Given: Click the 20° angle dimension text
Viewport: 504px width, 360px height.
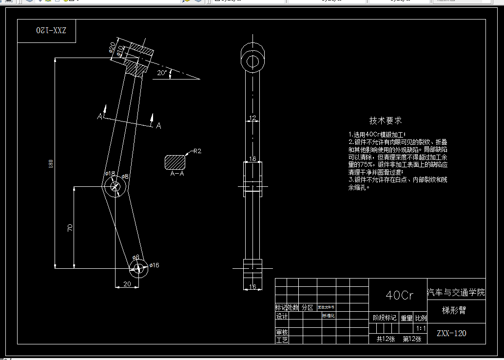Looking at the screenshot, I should click(x=162, y=73).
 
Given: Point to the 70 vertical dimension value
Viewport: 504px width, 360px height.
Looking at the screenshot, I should click(x=70, y=227).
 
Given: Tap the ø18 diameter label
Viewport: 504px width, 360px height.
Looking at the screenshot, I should click(x=110, y=174).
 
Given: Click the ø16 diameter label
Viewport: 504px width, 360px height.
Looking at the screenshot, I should click(x=155, y=265).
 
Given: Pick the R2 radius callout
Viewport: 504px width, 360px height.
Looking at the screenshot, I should click(x=197, y=151).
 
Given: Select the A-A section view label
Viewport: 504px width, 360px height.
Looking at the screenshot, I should click(x=177, y=173).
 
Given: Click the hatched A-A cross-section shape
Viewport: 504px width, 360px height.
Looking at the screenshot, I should click(x=176, y=162).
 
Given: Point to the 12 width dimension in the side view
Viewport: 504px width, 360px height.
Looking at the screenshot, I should click(x=252, y=118).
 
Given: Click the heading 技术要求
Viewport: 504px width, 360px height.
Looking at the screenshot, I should click(x=386, y=120).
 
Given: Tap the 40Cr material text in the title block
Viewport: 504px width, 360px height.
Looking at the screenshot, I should click(x=399, y=295).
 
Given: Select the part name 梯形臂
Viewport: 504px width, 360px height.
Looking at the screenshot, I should click(x=454, y=310).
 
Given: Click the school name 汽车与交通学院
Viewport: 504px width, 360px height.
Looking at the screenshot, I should click(x=456, y=293).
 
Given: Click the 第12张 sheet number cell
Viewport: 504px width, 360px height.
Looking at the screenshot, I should click(x=412, y=339).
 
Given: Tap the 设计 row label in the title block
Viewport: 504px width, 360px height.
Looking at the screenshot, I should click(x=282, y=316).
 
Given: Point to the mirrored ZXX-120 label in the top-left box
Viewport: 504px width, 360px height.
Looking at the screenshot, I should click(x=51, y=30).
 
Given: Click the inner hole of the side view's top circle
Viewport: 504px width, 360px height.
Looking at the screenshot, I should click(x=252, y=61).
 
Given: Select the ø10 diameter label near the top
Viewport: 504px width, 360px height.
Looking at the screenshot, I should click(x=120, y=50).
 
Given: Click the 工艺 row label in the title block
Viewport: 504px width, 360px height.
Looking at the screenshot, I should click(x=282, y=340).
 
